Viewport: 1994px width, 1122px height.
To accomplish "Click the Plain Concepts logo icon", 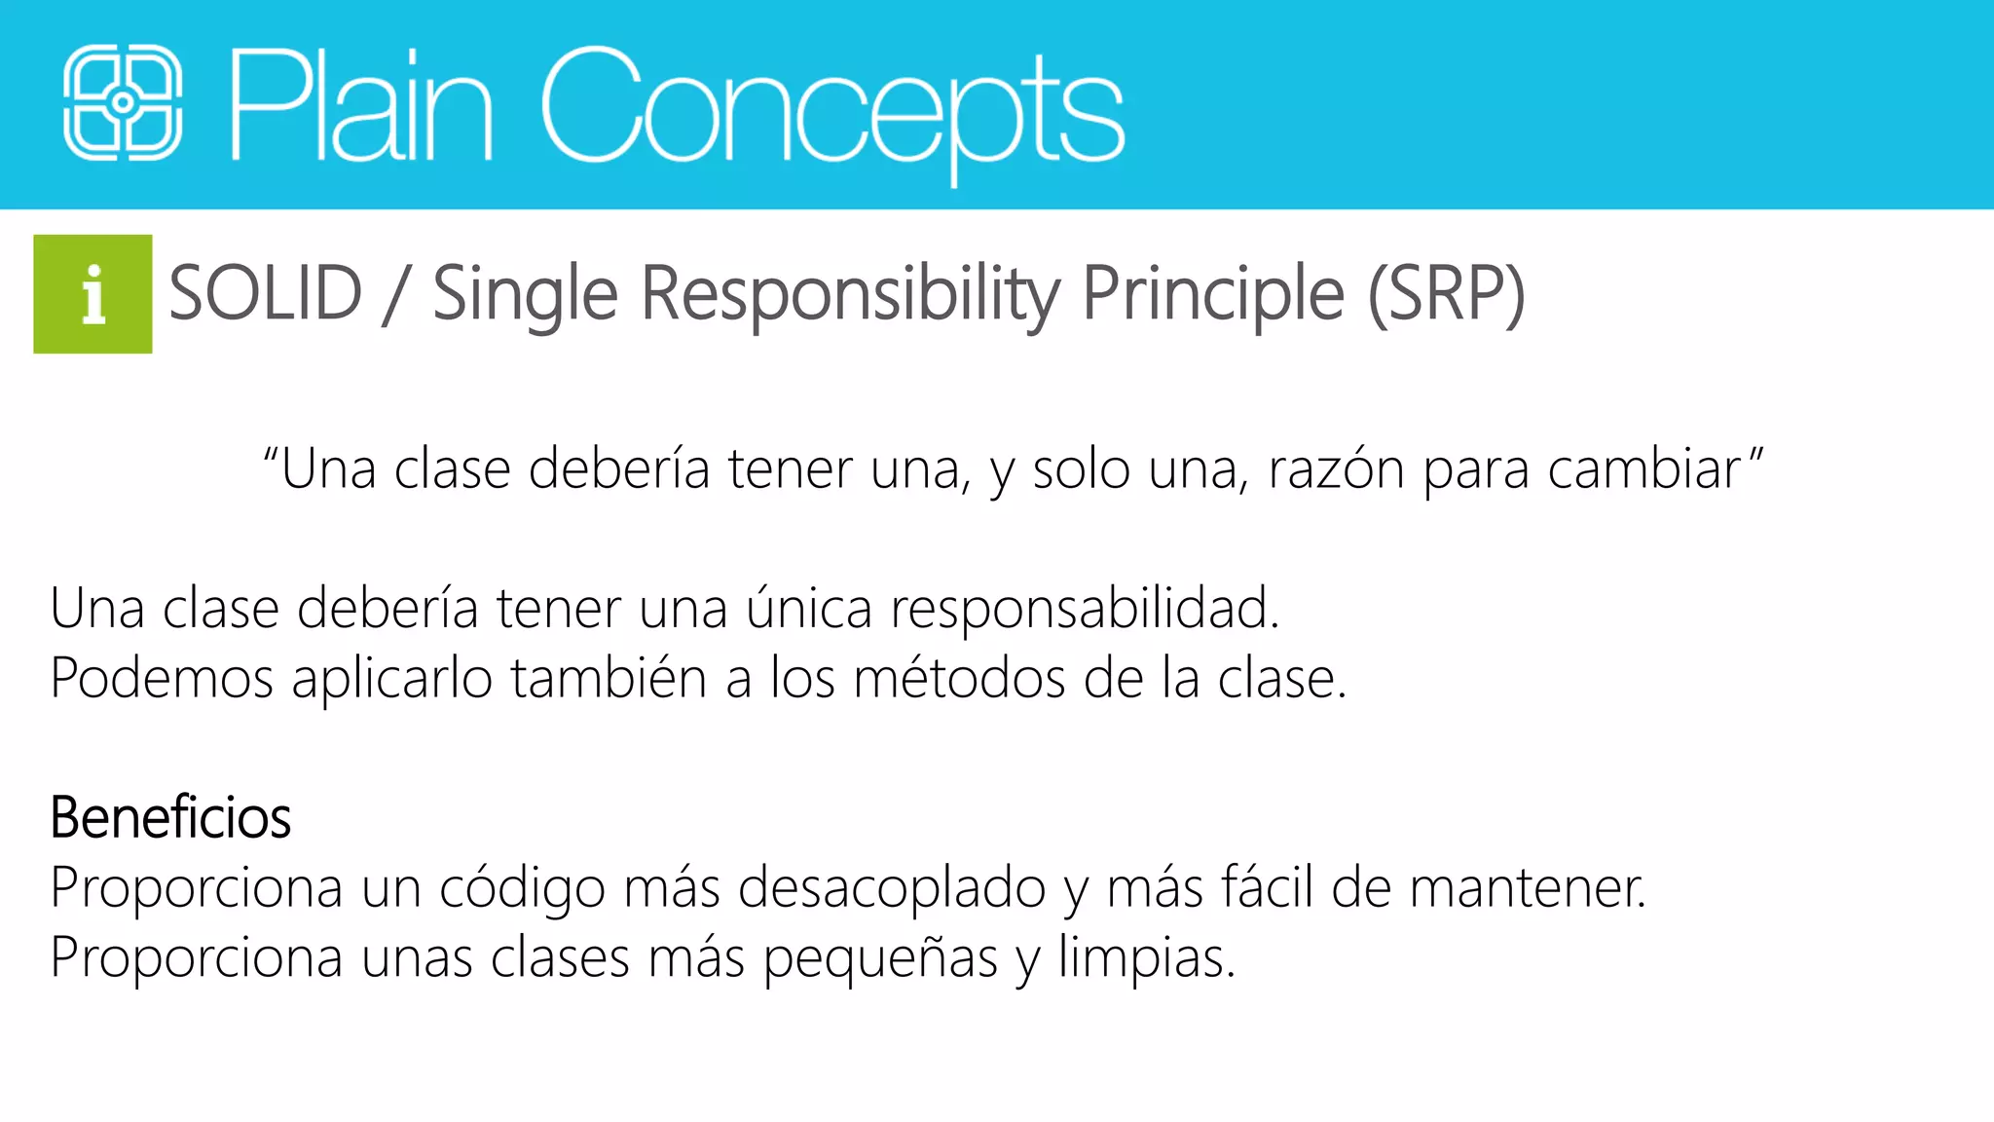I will pos(123,103).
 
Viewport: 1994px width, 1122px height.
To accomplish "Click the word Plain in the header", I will pos(360,105).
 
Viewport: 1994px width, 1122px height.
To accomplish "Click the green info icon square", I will pos(92,294).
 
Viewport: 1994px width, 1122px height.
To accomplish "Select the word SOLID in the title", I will pos(265,293).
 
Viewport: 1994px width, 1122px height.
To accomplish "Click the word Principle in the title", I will pos(1213,293).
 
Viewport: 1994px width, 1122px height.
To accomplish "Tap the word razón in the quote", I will pos(1336,469).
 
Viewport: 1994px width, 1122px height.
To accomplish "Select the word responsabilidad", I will pos(1084,609).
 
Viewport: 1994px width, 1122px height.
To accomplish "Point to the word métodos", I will pos(959,679).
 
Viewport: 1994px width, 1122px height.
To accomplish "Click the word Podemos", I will pos(162,679).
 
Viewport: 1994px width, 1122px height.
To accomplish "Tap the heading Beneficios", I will pos(170,817).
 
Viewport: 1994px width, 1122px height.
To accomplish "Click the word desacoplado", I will pos(891,888).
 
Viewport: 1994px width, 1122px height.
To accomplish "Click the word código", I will pos(522,888).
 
